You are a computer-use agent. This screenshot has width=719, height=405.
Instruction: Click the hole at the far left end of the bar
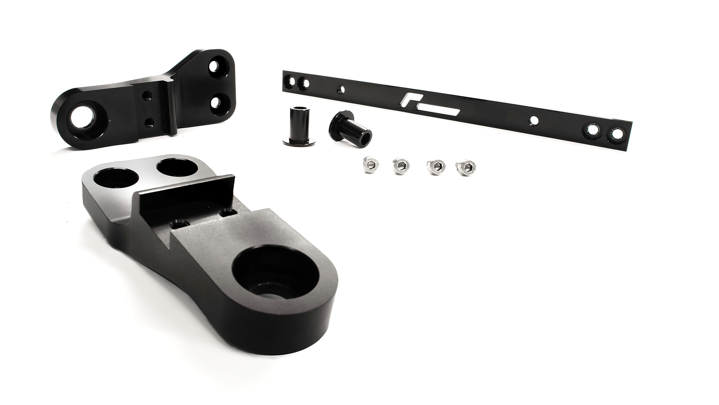(292, 80)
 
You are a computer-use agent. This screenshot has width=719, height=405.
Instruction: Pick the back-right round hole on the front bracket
(175, 167)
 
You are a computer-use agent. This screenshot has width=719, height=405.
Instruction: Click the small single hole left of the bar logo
(342, 89)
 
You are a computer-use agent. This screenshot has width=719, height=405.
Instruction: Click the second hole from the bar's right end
(592, 129)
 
